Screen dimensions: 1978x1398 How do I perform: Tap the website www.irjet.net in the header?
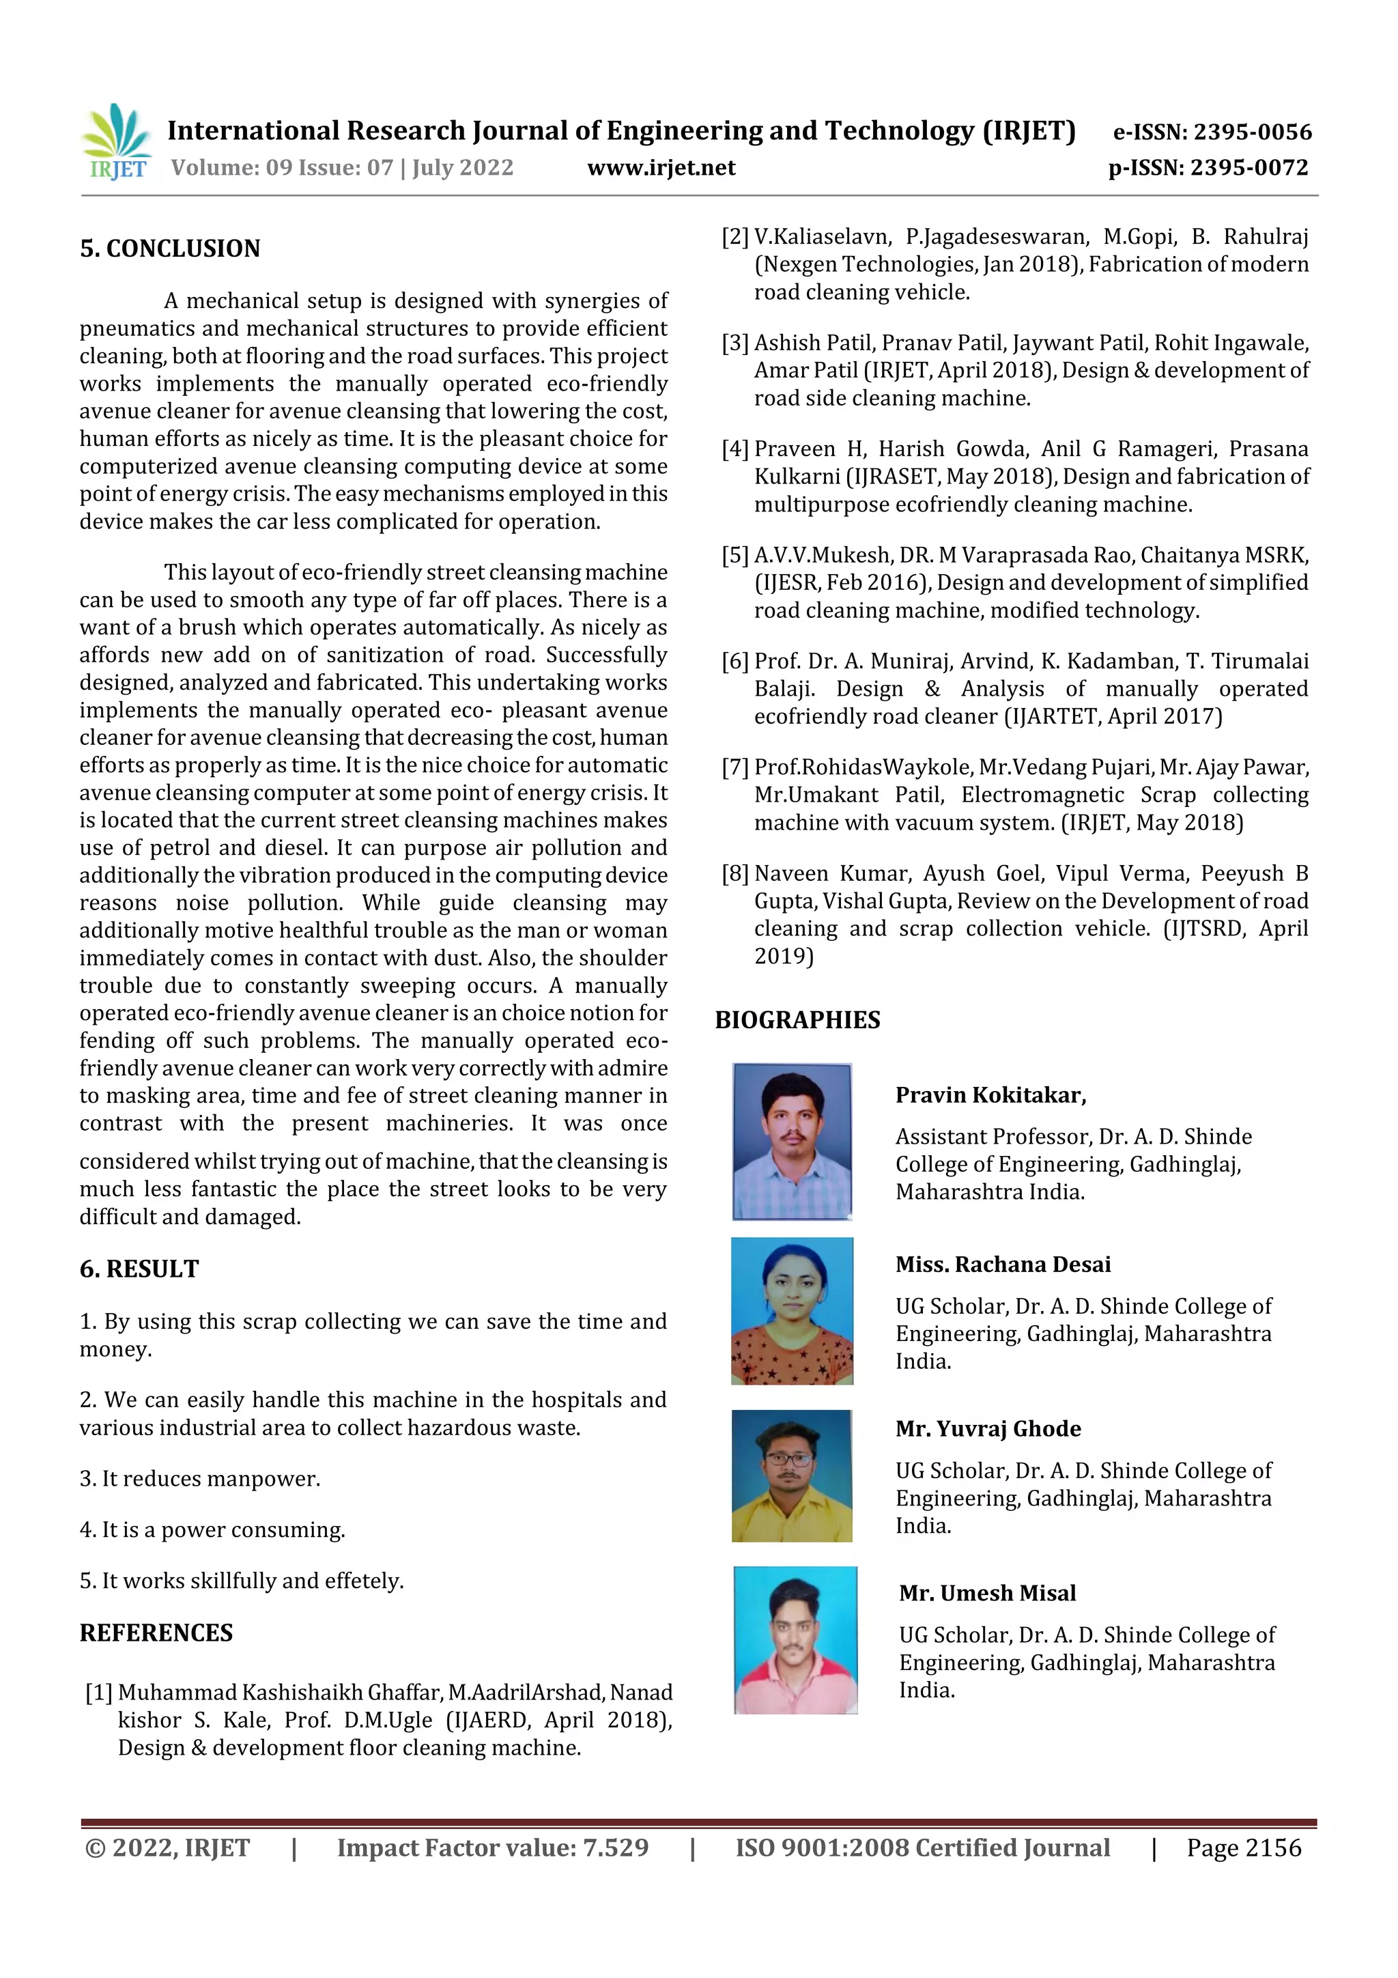coord(661,167)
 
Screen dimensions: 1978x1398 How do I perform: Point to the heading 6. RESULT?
coord(139,1269)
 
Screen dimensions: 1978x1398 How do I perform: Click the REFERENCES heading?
coord(156,1633)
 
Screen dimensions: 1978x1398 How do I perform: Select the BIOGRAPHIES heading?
coord(797,1020)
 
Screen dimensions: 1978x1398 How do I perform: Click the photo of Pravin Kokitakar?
coord(792,1142)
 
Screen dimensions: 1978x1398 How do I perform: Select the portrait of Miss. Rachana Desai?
coord(792,1310)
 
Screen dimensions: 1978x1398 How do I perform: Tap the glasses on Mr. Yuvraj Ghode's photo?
coord(788,1460)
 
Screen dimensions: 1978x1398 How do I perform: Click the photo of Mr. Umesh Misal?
coord(795,1639)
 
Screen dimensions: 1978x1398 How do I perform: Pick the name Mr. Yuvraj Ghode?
coord(987,1428)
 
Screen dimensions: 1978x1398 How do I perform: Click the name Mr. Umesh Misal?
coord(987,1593)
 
